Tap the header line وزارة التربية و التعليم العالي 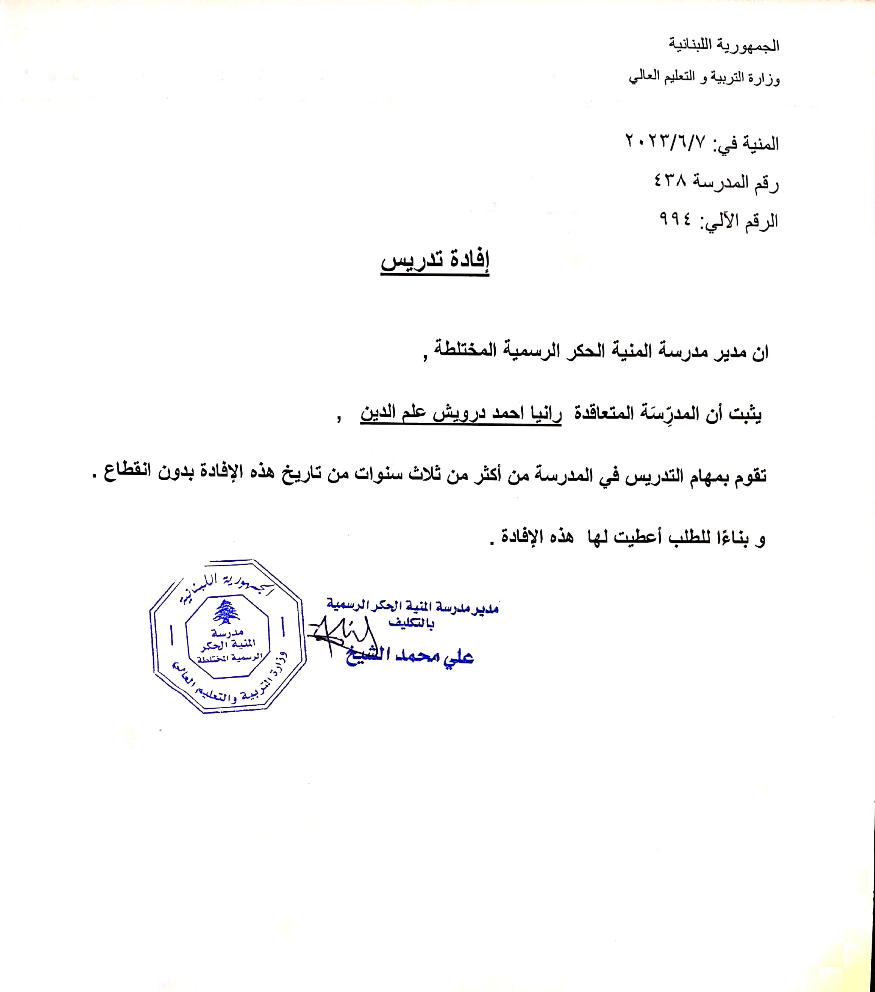point(704,78)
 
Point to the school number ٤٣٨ point(671,181)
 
